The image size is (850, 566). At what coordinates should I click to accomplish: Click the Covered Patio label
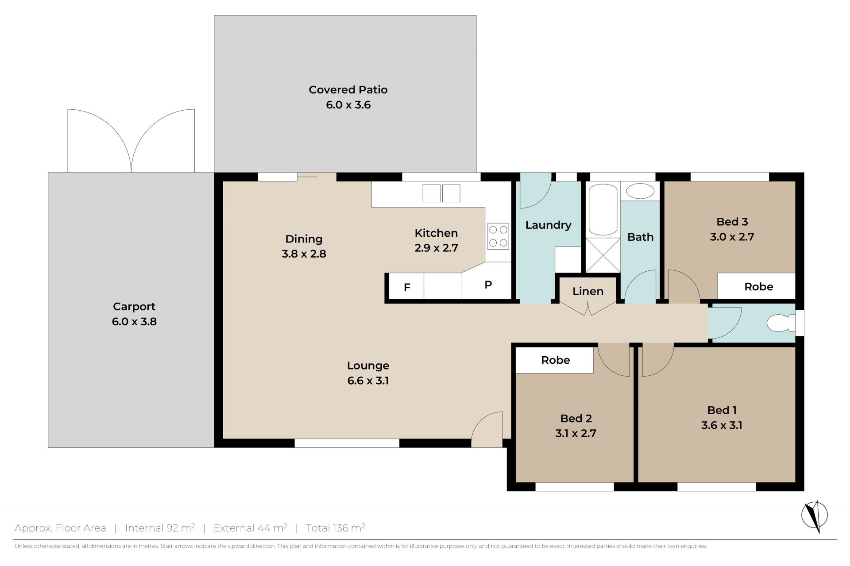(348, 90)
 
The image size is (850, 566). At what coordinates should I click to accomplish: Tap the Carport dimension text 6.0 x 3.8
(134, 322)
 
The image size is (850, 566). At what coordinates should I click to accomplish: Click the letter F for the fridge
(407, 288)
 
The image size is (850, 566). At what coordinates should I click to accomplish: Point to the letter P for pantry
(488, 285)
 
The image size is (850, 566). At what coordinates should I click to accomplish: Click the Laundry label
(548, 225)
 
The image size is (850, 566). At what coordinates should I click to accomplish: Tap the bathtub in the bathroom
(603, 210)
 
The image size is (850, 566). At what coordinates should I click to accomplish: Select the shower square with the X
(603, 255)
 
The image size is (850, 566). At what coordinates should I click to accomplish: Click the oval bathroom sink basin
(640, 192)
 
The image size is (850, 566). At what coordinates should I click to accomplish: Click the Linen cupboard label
(588, 292)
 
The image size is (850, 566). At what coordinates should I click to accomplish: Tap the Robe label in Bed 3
(759, 287)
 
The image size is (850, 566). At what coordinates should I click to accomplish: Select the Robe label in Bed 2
(556, 360)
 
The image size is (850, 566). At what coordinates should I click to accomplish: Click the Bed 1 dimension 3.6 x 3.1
(722, 425)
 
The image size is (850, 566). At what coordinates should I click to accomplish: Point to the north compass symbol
(815, 516)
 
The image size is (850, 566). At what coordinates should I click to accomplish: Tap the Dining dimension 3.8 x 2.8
(304, 254)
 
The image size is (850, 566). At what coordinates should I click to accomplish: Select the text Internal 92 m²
(160, 527)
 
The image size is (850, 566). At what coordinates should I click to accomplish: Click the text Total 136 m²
(335, 527)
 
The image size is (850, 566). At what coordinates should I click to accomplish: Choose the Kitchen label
(436, 233)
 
